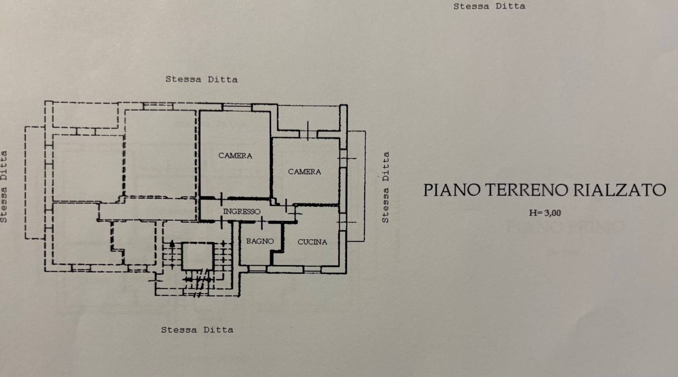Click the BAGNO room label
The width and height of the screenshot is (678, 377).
point(260,241)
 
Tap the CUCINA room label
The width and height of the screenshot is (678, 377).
point(312,242)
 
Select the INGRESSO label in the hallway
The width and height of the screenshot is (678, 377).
point(242,211)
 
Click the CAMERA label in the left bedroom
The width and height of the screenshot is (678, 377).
point(235,156)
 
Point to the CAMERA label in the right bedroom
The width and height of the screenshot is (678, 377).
point(304,172)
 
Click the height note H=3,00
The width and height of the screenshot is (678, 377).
point(545,213)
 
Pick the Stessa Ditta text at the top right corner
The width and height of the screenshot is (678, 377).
point(489,6)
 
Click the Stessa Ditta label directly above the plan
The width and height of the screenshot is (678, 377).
point(201,79)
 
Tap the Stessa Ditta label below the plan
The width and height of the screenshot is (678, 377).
point(197,330)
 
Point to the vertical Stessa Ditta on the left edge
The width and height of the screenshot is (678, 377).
point(4,187)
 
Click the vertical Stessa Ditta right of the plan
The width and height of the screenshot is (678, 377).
point(385,187)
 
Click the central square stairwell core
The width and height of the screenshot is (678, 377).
point(197,256)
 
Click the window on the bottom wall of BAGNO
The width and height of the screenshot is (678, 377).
point(257,268)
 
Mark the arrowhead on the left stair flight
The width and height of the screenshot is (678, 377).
point(172,243)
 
